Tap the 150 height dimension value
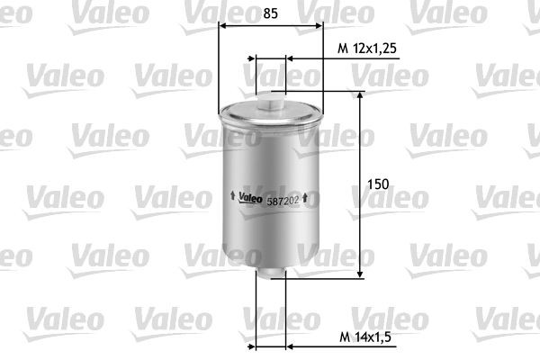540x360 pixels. pos(378,184)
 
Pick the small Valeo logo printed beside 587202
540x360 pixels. pos(249,199)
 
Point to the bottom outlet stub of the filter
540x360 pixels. pos(271,270)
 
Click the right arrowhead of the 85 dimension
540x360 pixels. pos(319,27)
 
